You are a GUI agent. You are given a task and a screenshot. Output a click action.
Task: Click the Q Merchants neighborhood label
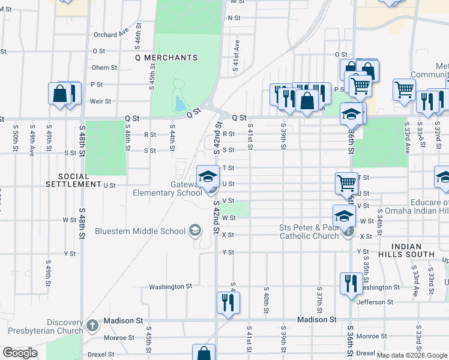166,58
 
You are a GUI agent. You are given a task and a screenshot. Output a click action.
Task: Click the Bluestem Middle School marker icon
194,230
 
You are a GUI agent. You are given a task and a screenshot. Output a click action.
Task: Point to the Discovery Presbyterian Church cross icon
92,325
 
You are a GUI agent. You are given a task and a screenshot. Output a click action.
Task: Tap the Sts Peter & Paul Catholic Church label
309,232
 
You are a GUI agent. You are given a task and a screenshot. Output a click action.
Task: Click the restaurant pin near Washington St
351,283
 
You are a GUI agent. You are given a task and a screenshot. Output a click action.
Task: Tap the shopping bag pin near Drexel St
203,353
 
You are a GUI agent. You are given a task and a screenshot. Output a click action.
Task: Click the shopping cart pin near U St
346,183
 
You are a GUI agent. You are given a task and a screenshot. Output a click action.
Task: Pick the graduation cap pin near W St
344,215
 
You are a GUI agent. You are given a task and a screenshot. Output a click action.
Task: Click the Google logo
20,353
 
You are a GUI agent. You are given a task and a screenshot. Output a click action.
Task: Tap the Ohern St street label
104,68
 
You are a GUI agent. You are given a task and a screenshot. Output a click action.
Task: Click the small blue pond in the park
179,104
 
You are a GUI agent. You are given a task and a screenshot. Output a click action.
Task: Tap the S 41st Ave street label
237,58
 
